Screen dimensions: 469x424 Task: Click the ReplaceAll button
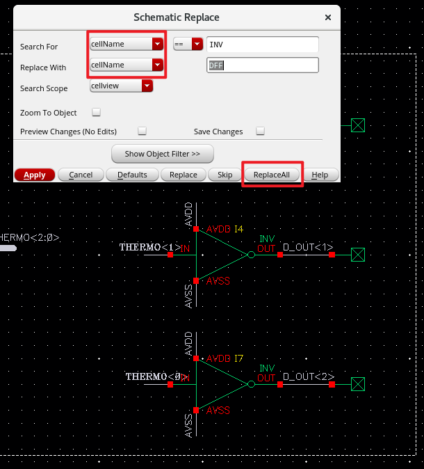point(272,175)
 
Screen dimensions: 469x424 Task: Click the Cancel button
point(81,175)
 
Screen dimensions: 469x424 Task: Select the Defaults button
point(132,175)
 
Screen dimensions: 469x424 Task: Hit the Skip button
point(225,175)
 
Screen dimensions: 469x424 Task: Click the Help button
point(320,175)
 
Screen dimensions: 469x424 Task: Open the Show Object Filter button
point(163,153)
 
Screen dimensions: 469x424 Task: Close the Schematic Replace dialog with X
point(328,17)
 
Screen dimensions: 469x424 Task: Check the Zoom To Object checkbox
point(97,112)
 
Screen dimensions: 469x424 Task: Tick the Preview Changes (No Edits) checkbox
point(142,131)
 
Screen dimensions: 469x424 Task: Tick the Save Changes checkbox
point(260,131)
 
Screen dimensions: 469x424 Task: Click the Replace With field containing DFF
point(262,65)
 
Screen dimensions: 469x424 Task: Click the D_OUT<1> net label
point(308,247)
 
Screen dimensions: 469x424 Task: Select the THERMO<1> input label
point(149,247)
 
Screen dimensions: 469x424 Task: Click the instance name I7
point(238,358)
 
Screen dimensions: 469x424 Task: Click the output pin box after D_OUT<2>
point(357,384)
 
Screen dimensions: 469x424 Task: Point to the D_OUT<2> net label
point(308,377)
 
